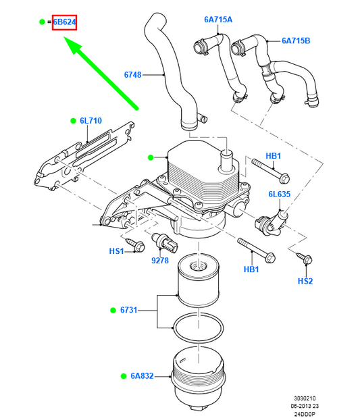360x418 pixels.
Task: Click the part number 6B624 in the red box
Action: tap(65, 22)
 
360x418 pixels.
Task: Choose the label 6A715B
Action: tap(295, 41)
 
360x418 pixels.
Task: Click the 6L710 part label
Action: tap(91, 121)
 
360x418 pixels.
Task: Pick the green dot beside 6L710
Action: tap(73, 121)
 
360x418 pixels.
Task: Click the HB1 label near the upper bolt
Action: tap(273, 156)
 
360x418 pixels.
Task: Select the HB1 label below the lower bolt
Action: tap(251, 269)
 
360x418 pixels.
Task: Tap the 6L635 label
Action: tap(279, 194)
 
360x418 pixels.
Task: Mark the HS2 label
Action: tap(305, 281)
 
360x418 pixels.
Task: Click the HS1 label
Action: tap(117, 251)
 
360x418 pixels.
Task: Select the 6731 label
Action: tap(129, 310)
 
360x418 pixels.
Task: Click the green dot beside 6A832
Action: tap(124, 375)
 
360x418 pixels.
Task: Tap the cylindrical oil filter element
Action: tap(199, 284)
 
